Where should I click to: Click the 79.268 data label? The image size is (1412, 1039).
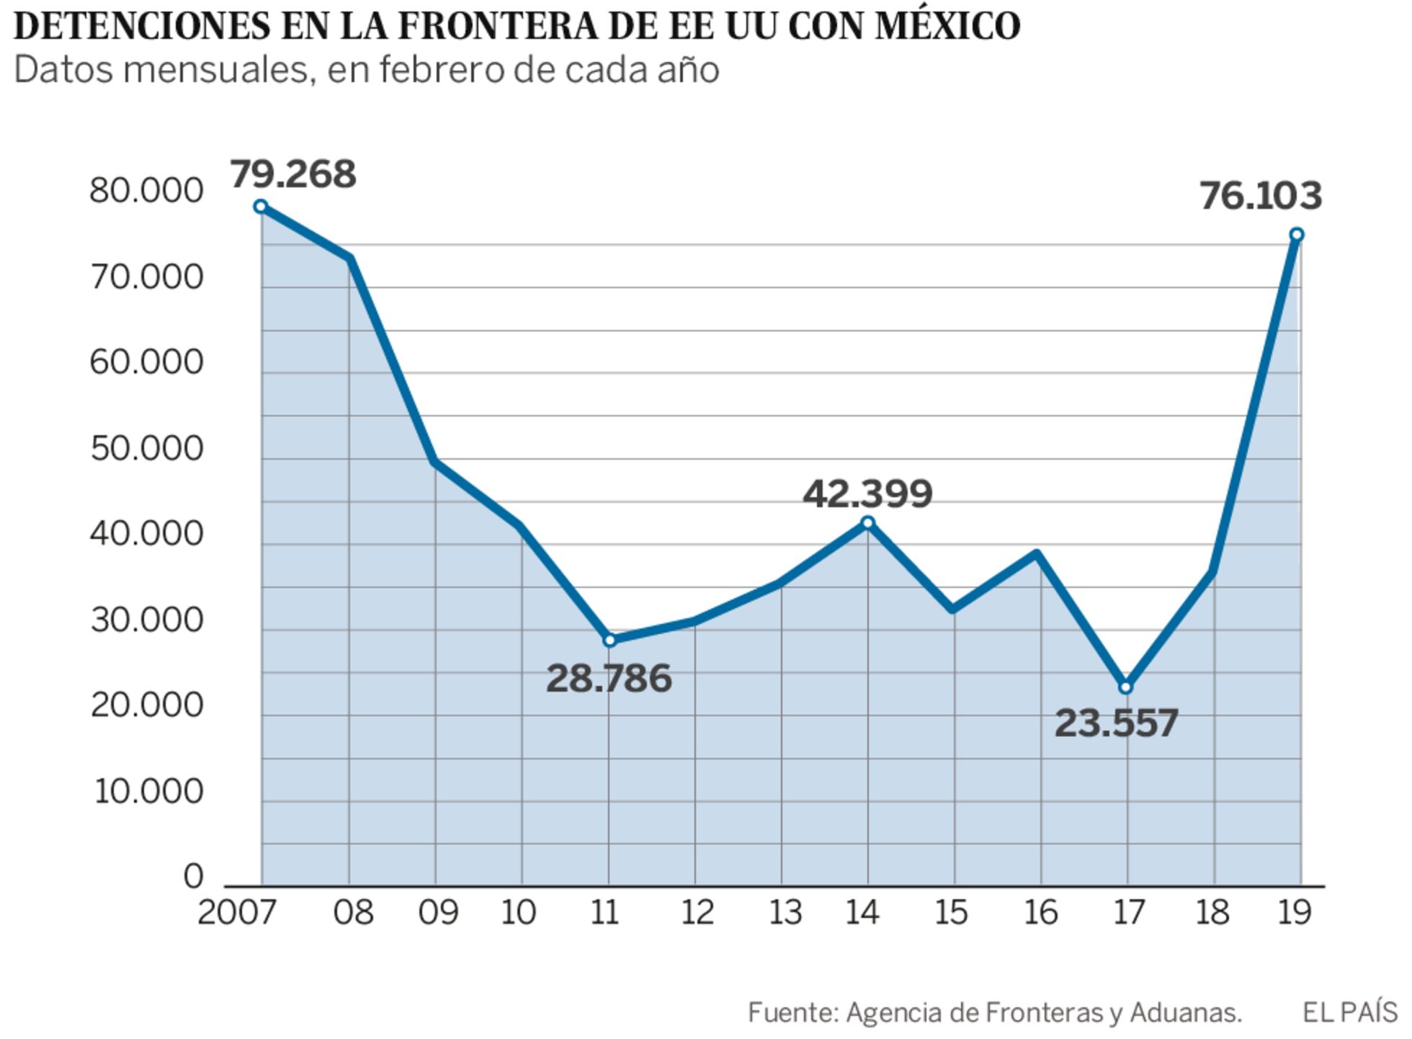point(292,174)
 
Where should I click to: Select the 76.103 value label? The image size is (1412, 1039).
point(1261,196)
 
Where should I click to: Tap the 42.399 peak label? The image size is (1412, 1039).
point(867,494)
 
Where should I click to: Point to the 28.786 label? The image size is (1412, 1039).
point(609,679)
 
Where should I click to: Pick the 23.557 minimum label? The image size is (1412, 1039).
point(1116,723)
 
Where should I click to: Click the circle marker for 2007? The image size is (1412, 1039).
point(261,207)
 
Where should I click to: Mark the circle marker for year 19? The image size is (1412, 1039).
point(1296,234)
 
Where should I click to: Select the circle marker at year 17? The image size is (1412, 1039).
point(1126,687)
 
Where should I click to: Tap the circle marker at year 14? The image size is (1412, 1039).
point(867,523)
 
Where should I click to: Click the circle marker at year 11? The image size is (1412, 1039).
point(609,640)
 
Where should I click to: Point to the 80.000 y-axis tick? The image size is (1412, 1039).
point(146,191)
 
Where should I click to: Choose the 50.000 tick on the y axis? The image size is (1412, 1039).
point(147,449)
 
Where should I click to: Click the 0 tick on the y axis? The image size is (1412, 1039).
point(193,877)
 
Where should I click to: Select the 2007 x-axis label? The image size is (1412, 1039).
point(237,913)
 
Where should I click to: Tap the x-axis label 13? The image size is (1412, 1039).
point(785,913)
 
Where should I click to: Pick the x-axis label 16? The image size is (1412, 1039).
point(1040,913)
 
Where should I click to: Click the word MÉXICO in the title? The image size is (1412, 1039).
point(947,26)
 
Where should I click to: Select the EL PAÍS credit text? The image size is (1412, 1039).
point(1349,1012)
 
